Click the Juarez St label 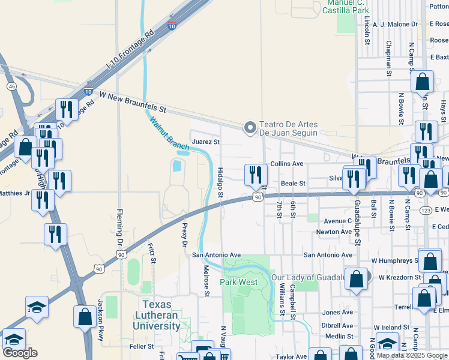[206, 142]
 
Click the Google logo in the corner [20, 353]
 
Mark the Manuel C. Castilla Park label [346, 7]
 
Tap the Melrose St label [206, 280]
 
